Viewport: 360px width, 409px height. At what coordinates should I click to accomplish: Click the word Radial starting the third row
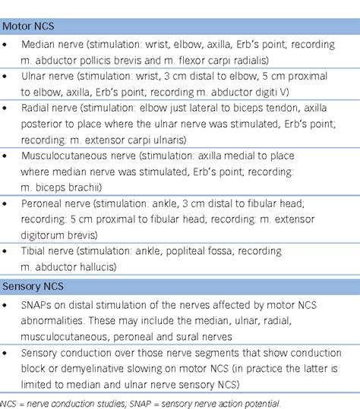pos(35,109)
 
